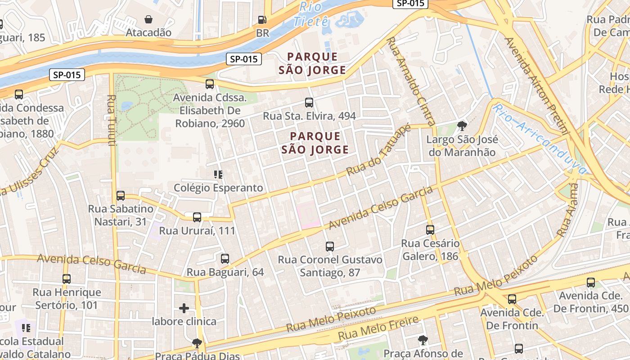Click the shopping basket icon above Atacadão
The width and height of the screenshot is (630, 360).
tap(148, 19)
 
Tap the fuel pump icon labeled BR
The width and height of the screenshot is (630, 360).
tap(262, 20)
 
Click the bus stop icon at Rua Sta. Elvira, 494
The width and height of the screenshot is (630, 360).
tap(309, 102)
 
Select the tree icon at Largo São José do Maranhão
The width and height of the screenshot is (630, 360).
tap(462, 126)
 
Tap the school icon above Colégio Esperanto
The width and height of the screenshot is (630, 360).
tap(218, 174)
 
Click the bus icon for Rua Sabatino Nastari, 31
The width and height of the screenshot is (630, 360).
tap(121, 196)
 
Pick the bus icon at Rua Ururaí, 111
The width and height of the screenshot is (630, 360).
tap(197, 217)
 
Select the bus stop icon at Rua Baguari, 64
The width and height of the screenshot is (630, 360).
tap(225, 259)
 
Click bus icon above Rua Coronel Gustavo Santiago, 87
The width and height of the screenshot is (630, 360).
tap(330, 246)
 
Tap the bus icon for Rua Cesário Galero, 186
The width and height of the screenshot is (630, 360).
tap(430, 230)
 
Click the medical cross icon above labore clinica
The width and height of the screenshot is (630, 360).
tap(184, 308)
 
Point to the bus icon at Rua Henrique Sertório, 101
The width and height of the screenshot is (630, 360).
tap(67, 279)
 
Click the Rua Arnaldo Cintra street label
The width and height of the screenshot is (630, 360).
tap(411, 81)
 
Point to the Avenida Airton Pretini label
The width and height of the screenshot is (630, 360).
tap(536, 85)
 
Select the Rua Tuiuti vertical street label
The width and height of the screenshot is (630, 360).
tap(112, 120)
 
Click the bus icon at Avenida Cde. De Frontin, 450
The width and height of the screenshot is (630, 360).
tap(591, 283)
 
